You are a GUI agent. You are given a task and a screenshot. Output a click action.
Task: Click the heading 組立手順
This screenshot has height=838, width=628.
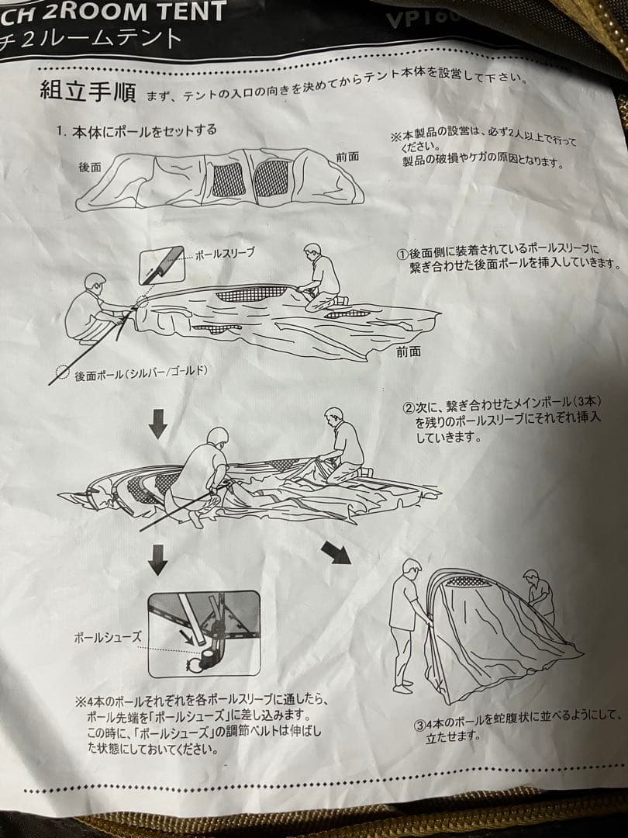[88, 92]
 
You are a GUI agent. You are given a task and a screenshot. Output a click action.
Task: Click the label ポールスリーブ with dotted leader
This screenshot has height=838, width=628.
[224, 254]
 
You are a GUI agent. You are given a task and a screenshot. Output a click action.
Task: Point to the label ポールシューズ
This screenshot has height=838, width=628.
[108, 637]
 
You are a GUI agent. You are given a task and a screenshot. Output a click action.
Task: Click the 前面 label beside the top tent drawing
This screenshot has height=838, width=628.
[347, 156]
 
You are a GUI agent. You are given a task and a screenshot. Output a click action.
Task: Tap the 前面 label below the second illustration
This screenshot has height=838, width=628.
[408, 351]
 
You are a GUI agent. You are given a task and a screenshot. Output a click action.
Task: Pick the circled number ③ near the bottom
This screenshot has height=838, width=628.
[419, 725]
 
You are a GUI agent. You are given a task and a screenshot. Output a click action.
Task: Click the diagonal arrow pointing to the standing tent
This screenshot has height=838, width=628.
[336, 552]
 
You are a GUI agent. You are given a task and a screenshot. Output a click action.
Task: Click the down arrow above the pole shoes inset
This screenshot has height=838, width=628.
[157, 559]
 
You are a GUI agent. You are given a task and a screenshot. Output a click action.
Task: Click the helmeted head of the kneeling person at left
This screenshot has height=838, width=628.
[95, 283]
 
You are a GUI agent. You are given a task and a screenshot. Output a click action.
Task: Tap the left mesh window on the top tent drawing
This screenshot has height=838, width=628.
[226, 180]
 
